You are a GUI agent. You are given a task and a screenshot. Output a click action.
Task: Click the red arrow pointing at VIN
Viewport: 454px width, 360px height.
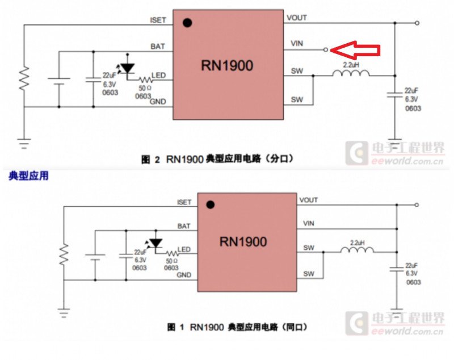point(356,50)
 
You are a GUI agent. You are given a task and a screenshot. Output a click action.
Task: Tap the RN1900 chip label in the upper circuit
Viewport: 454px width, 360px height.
point(227,65)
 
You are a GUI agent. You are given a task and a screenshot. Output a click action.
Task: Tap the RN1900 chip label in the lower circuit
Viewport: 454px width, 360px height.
point(243,242)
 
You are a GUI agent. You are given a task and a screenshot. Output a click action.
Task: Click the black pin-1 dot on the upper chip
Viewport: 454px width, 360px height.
point(187,23)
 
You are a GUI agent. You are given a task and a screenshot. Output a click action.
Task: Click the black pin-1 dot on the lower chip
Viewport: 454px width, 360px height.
point(211,205)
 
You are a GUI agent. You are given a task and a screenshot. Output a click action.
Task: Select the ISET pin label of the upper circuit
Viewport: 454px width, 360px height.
point(158,20)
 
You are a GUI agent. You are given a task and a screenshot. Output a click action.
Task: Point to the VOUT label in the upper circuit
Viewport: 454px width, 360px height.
point(297,18)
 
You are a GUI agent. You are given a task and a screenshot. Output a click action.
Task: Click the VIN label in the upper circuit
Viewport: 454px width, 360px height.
point(297,43)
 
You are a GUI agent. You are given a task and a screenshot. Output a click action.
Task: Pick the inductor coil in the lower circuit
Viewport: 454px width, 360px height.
point(356,249)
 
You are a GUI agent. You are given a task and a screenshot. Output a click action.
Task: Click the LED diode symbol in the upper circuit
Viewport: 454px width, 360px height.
point(128,68)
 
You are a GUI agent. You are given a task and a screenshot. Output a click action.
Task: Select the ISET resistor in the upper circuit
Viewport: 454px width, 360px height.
point(24,79)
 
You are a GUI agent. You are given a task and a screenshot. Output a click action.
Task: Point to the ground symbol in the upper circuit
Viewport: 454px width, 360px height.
point(24,143)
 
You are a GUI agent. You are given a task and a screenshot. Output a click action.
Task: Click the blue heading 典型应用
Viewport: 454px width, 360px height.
point(28,176)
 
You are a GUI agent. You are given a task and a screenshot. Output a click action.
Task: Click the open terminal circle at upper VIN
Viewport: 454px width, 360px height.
point(326,50)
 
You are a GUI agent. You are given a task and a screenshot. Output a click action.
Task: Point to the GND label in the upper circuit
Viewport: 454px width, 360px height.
point(158,102)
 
